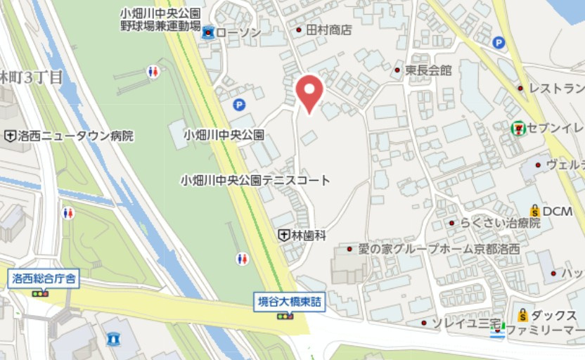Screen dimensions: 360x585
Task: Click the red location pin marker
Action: [x=309, y=92]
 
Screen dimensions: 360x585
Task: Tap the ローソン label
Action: [x=238, y=32]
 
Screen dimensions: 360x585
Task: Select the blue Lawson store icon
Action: [x=208, y=32]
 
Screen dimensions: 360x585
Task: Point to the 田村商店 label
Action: [x=328, y=30]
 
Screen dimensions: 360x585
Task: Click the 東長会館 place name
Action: [x=428, y=70]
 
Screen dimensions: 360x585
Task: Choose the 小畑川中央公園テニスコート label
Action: [x=255, y=180]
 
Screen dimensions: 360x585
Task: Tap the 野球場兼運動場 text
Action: [x=160, y=25]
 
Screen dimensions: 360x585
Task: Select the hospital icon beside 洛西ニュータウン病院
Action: [x=11, y=136]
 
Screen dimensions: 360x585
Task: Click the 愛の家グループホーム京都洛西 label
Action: [x=439, y=249]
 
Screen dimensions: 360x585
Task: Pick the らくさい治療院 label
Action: [x=501, y=223]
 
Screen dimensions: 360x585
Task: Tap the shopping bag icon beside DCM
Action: [x=534, y=211]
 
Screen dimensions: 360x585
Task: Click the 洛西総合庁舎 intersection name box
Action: [x=44, y=278]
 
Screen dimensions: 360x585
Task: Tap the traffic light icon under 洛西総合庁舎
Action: [x=41, y=292]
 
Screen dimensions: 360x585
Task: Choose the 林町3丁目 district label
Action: [x=32, y=77]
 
